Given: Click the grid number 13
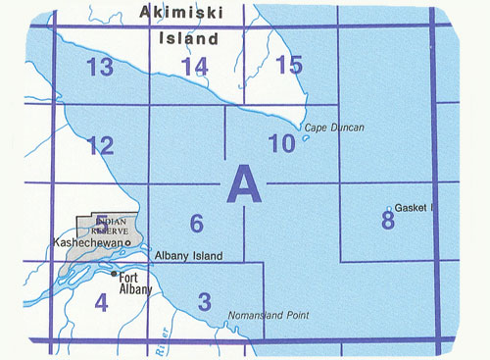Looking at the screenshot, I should (99, 68).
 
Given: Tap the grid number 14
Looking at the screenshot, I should (195, 67).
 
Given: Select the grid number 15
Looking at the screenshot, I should (290, 66).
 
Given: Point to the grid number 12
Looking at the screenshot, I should (100, 146).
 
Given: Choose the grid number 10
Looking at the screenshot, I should (281, 144).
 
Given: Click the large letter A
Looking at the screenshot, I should (245, 183).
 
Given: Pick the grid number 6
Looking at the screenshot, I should (197, 224).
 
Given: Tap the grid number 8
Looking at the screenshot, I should (388, 220).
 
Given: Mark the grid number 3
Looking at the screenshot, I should (204, 300).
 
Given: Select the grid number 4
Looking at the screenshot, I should (101, 303).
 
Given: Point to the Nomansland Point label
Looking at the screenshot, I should (267, 315).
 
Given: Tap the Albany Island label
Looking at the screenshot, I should (188, 256).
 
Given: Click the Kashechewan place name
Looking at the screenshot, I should (90, 241).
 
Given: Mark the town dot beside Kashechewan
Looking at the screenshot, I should (127, 242).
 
